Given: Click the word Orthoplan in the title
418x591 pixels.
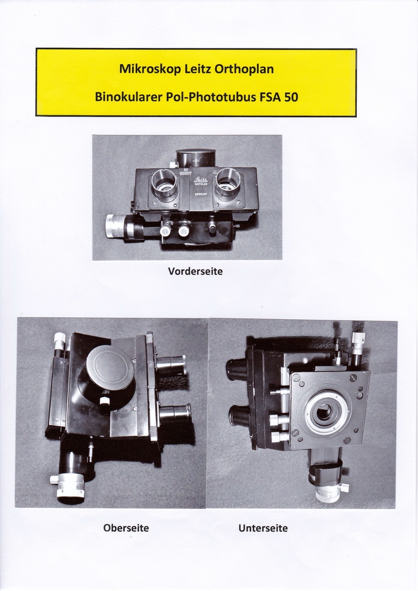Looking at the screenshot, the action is (244, 70).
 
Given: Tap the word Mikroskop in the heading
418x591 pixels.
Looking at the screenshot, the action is (150, 69).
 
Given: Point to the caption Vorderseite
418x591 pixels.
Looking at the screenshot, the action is (195, 271).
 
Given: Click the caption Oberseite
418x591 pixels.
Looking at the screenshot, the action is (126, 528).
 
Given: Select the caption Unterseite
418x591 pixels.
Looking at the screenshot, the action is (263, 528).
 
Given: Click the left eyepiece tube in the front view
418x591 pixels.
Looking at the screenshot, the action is (165, 184).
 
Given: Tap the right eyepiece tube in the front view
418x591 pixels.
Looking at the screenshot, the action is (227, 183).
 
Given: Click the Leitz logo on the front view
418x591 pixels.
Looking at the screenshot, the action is (200, 180).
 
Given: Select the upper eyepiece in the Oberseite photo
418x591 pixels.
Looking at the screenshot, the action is (171, 365).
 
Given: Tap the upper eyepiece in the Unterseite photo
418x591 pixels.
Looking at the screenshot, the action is (236, 369).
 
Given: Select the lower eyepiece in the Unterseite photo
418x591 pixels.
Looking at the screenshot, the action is (238, 416).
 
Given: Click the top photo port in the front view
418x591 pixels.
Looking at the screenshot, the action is (196, 158).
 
